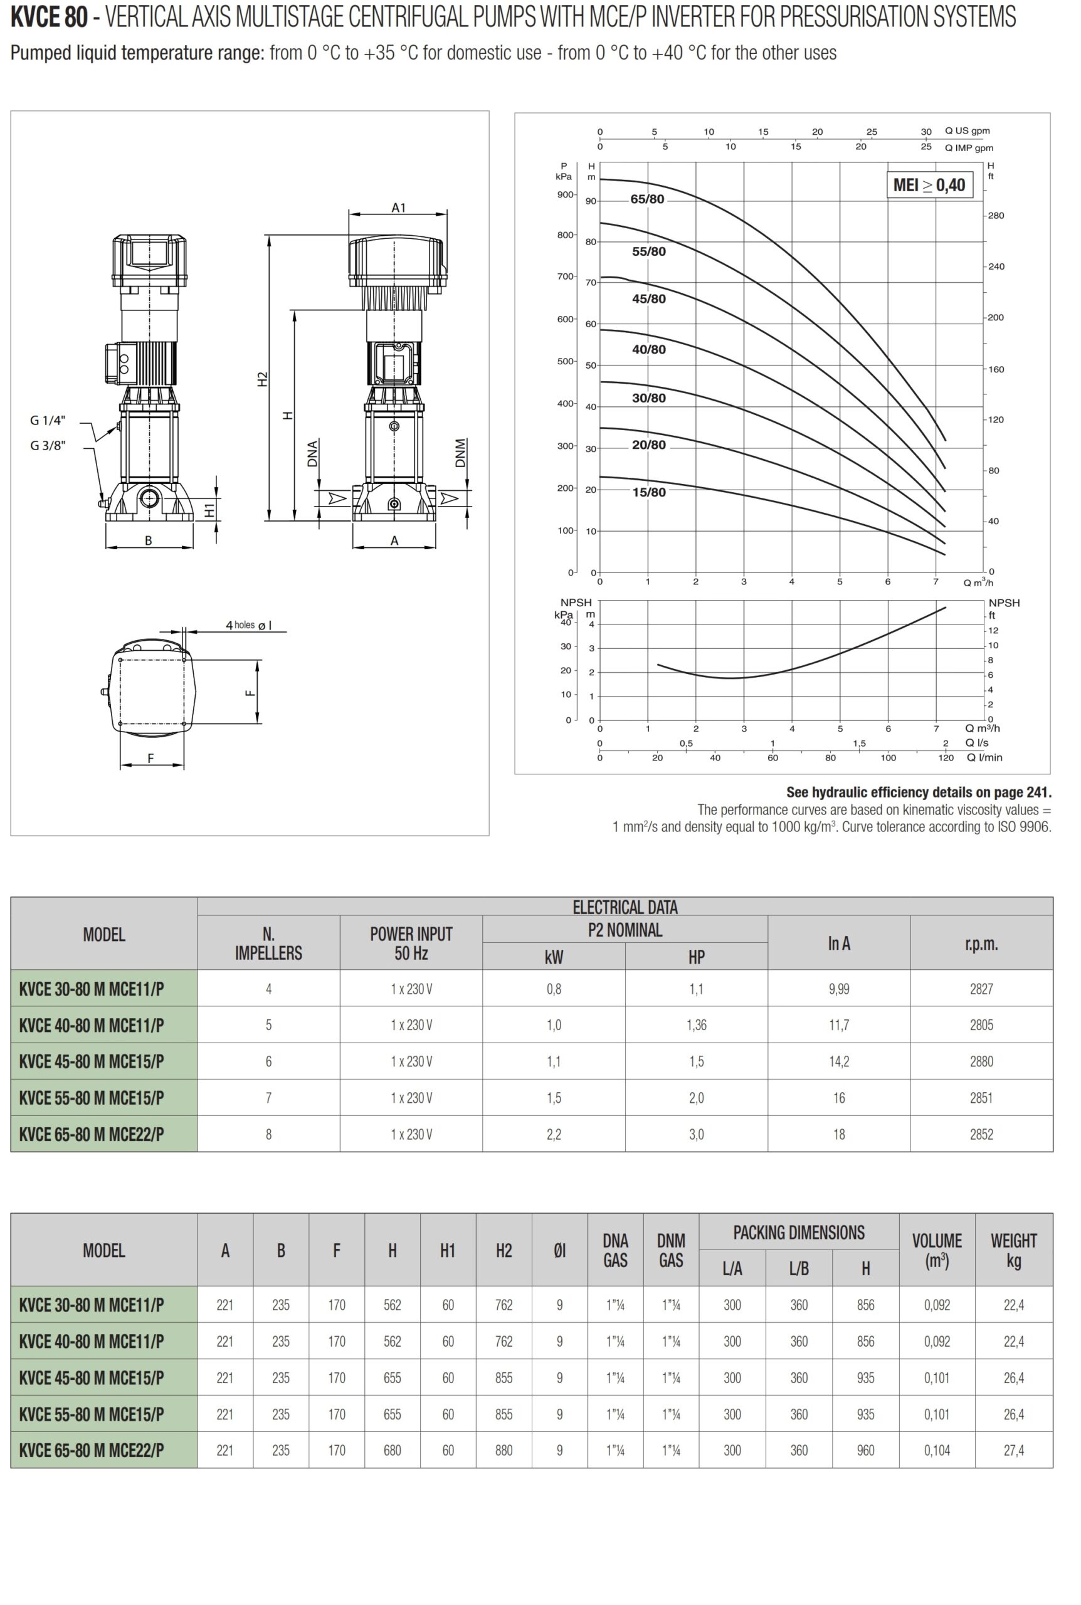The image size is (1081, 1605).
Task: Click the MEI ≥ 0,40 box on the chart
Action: coord(929,185)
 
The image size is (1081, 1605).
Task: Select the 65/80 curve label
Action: coord(646,199)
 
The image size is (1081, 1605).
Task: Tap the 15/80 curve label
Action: coord(649,492)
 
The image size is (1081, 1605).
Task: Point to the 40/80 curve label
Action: coord(649,349)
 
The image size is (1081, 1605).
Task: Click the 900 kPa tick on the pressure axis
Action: coord(566,194)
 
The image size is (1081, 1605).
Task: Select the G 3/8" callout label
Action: coord(48,445)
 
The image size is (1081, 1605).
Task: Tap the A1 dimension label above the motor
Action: coord(399,208)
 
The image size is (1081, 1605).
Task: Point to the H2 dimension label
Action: coord(262,379)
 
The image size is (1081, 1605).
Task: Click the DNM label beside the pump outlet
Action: coord(460,453)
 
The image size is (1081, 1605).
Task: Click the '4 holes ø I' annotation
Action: coord(248,625)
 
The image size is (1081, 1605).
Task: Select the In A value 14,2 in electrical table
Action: coord(838,1061)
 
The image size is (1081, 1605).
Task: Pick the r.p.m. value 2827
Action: coord(981,989)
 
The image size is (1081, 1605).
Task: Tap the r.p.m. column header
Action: coord(981,944)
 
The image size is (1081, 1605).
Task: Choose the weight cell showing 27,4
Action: coord(1013,1450)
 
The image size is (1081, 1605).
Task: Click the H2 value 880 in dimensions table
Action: coord(504,1450)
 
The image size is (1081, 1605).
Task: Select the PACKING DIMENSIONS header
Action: coord(798,1232)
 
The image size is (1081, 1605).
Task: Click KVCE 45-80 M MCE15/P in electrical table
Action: coord(92,1061)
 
